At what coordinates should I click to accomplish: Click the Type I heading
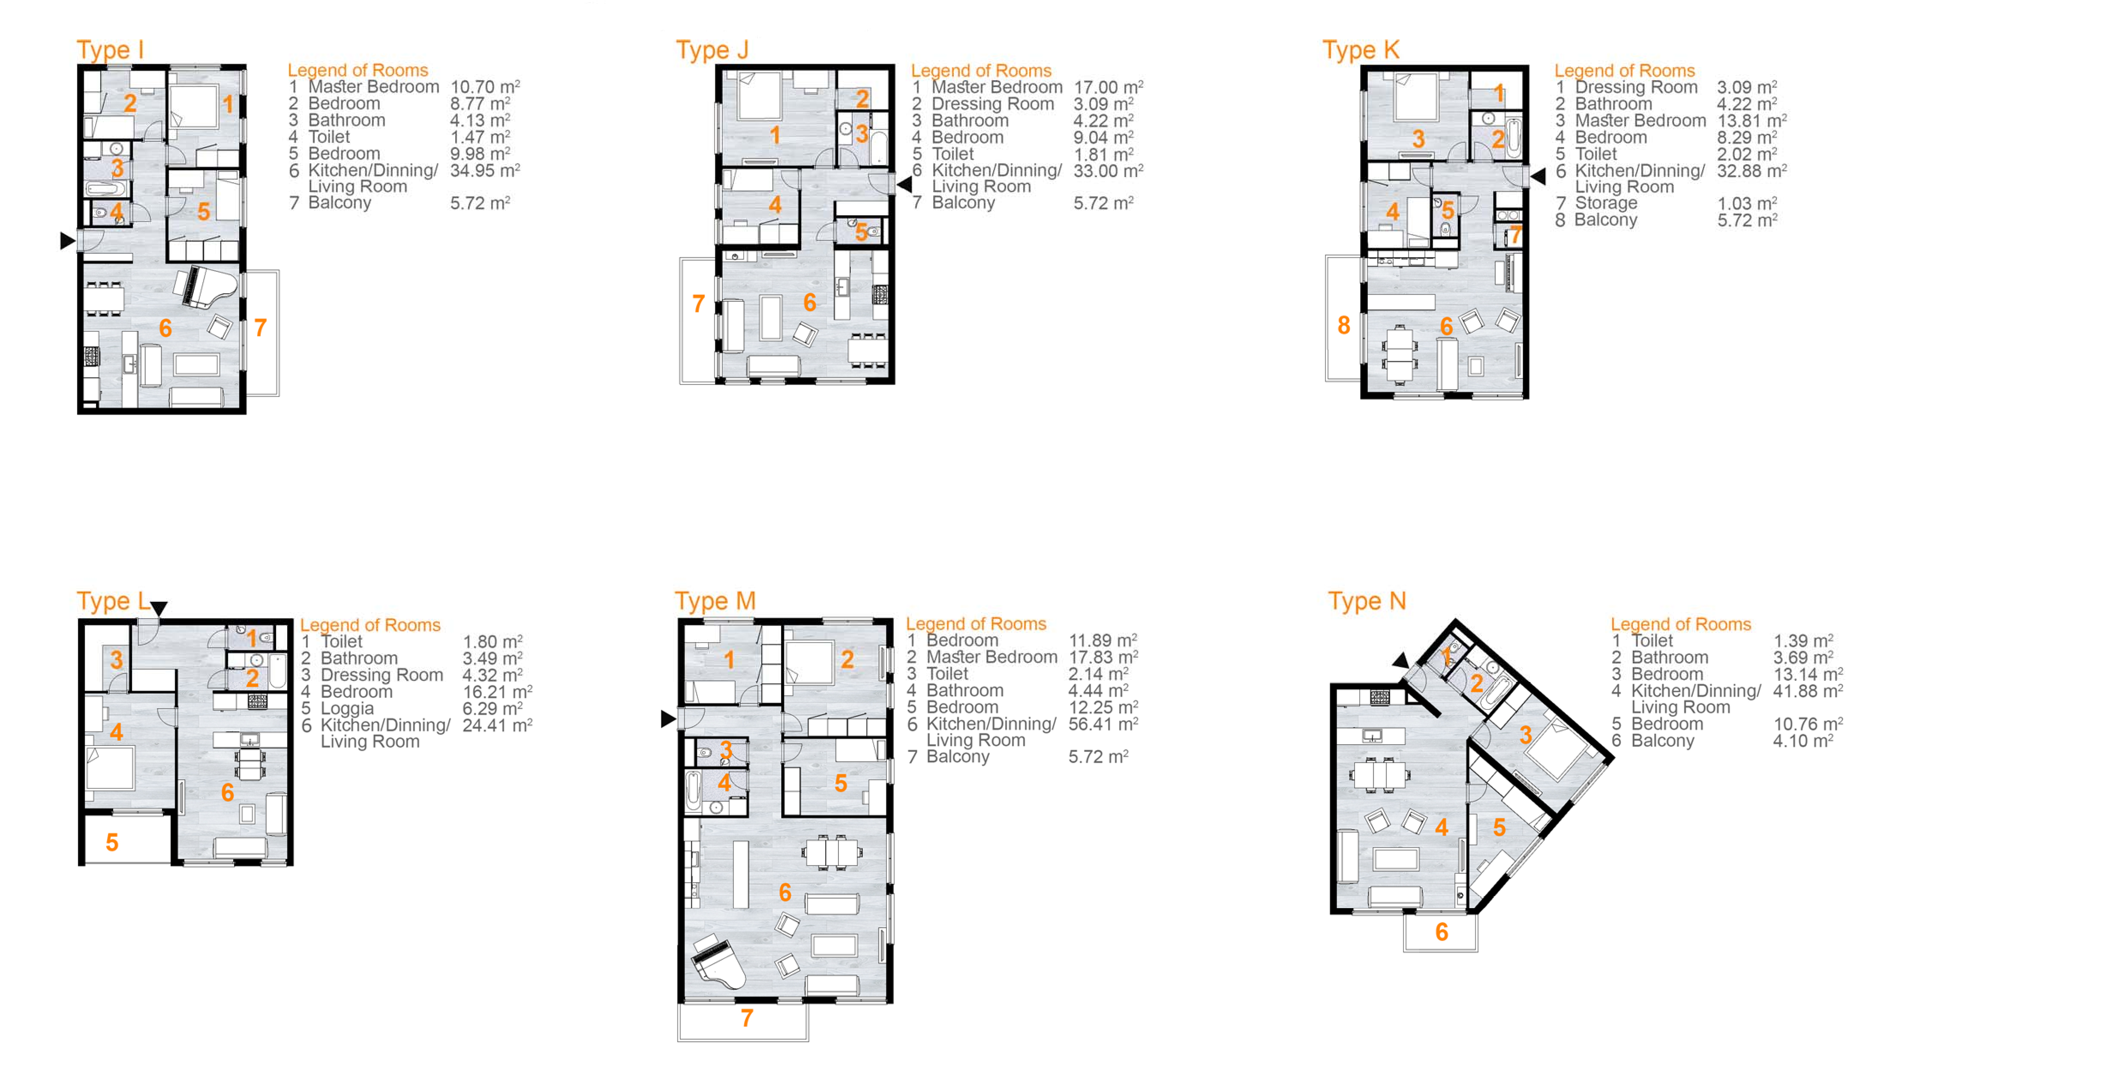110,50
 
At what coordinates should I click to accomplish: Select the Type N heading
1367,601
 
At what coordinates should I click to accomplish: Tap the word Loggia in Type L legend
347,709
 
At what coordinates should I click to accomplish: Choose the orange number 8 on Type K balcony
1343,325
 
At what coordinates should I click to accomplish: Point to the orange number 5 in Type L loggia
111,842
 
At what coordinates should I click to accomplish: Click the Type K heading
1361,50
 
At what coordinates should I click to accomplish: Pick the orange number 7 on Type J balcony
698,304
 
